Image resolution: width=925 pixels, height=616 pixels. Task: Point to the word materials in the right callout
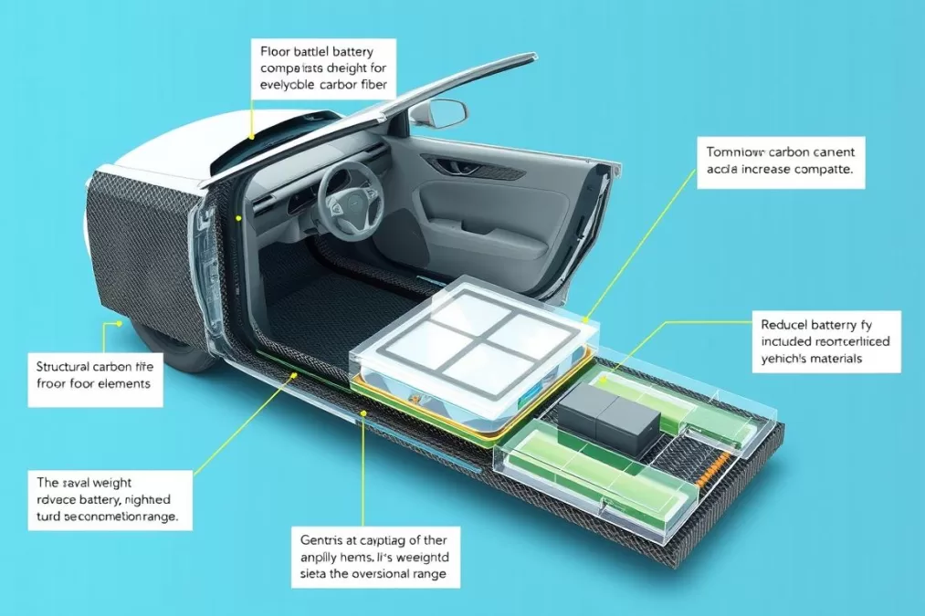point(831,359)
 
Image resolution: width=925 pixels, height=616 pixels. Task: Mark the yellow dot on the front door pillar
point(238,218)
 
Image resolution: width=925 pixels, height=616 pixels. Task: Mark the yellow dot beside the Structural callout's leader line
point(119,323)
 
